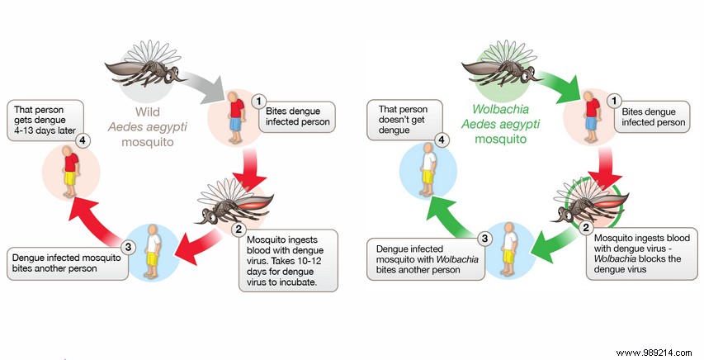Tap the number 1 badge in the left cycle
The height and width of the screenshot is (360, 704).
[258, 102]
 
